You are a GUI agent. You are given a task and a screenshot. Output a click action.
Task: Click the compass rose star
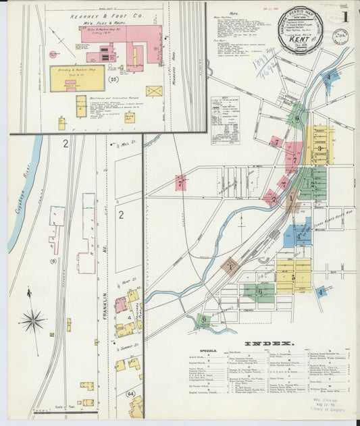(x=32, y=319)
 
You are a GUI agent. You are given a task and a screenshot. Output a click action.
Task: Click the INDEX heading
(x=267, y=344)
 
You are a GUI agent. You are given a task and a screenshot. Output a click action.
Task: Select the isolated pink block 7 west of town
(x=180, y=182)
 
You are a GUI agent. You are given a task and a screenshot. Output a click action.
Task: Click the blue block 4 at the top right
(x=329, y=76)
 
